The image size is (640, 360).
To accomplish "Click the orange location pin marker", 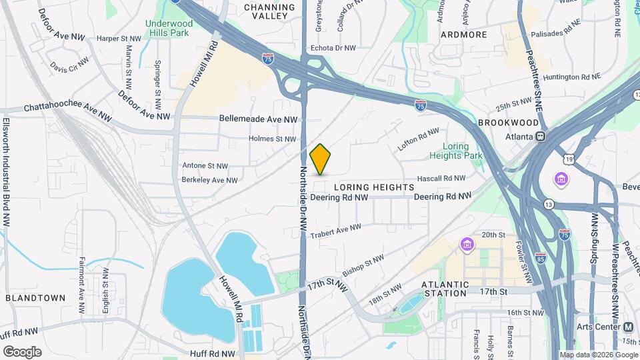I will (321, 159).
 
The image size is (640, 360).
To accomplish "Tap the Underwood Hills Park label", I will (169, 29).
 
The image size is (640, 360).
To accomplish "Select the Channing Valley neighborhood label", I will (269, 12).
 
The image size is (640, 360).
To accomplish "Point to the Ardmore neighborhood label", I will (463, 34).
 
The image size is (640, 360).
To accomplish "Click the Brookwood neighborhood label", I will (508, 123).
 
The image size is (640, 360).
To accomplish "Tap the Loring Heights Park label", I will (455, 151).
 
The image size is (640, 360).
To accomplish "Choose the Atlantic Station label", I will (445, 289).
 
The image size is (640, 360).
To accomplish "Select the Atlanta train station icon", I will (541, 136).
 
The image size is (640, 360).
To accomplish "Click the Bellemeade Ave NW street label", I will (258, 119).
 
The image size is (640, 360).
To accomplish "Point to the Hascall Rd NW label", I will (441, 179).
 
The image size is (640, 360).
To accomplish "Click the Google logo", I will (23, 351).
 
